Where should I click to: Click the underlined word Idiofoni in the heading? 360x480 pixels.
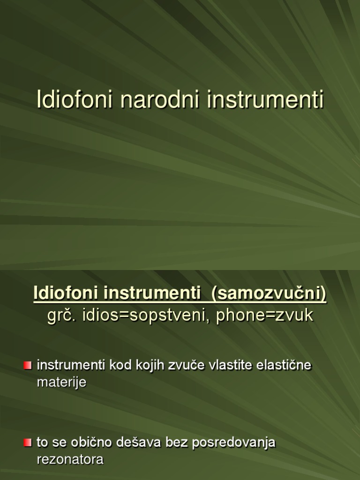(x=66, y=294)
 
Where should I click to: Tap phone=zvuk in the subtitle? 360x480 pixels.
(x=264, y=315)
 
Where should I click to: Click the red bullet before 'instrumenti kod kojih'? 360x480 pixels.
(x=28, y=365)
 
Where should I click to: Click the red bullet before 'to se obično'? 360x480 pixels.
(x=28, y=442)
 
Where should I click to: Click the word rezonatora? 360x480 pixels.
(x=70, y=459)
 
